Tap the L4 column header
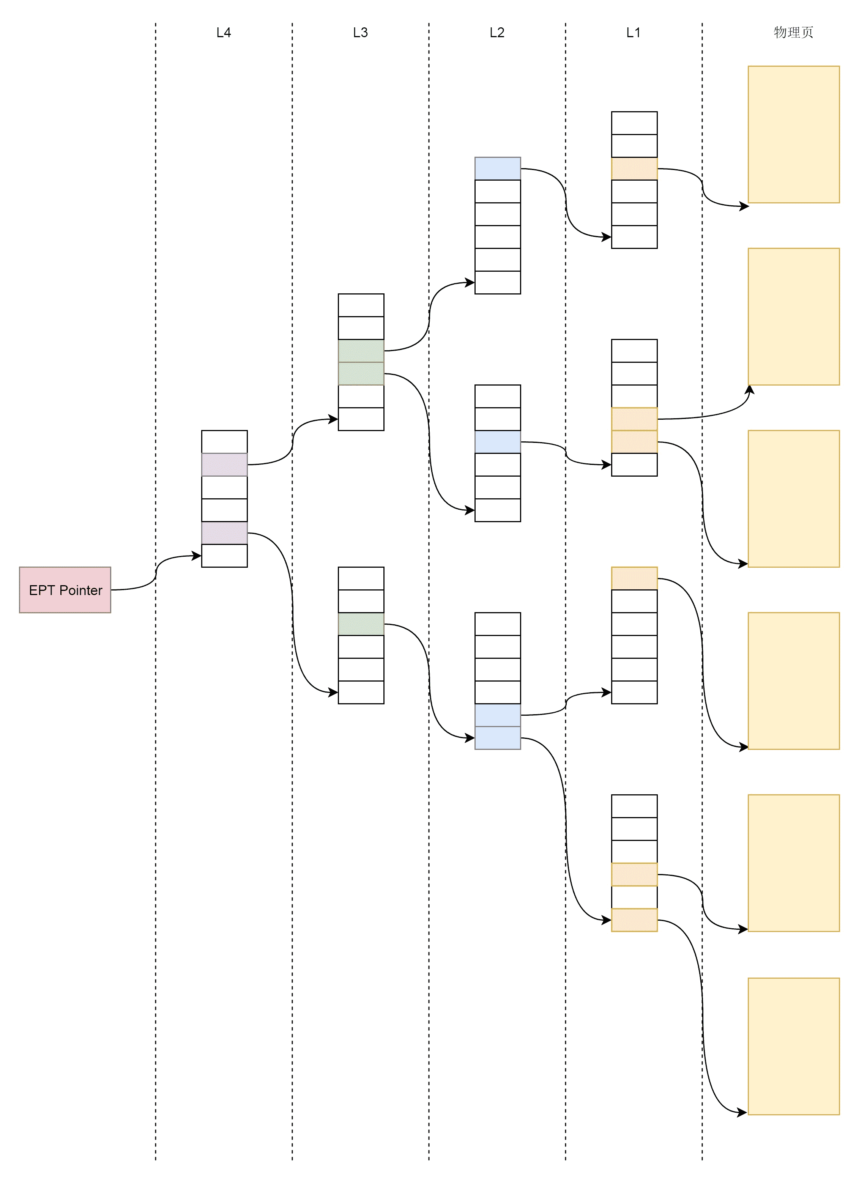pyautogui.click(x=224, y=32)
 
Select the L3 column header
pyautogui.click(x=361, y=32)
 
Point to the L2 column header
pyautogui.click(x=497, y=32)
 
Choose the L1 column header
pyautogui.click(x=634, y=32)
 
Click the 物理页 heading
pyautogui.click(x=793, y=32)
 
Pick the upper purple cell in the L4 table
pyautogui.click(x=224, y=465)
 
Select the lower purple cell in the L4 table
pyautogui.click(x=224, y=533)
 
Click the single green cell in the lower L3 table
pyautogui.click(x=361, y=624)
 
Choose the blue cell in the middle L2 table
pyautogui.click(x=498, y=442)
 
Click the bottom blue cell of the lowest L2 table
pyautogui.click(x=498, y=738)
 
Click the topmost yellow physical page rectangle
pyautogui.click(x=793, y=134)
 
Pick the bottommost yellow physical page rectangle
pyautogui.click(x=793, y=1046)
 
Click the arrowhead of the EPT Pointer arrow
pyautogui.click(x=197, y=556)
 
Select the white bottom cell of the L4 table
pyautogui.click(x=224, y=556)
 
